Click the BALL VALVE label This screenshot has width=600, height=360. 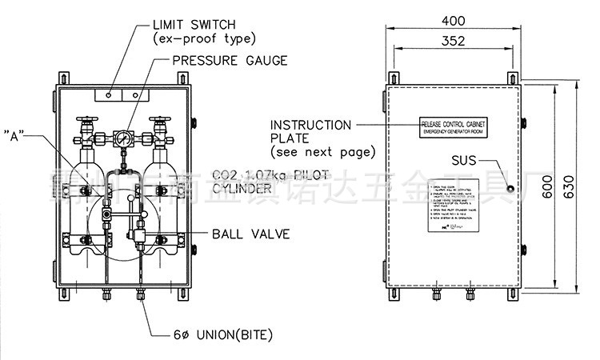251,234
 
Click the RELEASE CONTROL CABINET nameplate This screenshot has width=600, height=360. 454,126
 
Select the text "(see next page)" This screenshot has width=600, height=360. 322,151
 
